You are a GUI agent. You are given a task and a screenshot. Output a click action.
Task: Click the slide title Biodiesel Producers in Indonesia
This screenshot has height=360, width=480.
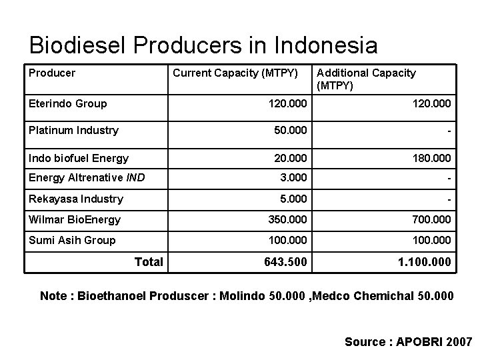click(x=203, y=45)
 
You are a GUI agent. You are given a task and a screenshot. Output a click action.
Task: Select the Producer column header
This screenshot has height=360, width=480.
click(x=52, y=73)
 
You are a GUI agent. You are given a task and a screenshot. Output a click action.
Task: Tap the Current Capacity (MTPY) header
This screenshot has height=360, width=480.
click(x=235, y=73)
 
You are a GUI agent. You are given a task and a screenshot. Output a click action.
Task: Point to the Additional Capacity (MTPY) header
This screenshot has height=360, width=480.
click(x=366, y=79)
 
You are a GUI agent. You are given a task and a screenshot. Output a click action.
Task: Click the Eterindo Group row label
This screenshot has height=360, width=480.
click(x=67, y=104)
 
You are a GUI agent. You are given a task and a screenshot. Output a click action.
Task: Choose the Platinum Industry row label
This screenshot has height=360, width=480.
click(x=73, y=130)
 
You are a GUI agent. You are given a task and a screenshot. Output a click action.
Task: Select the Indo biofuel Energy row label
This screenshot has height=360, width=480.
click(x=79, y=158)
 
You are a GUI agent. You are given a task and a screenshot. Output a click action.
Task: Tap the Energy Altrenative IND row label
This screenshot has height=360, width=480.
click(x=87, y=177)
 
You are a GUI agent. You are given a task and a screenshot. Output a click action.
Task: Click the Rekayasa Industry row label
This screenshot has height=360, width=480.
click(x=75, y=199)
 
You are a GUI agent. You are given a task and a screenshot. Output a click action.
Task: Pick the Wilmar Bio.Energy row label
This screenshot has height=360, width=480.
click(x=75, y=219)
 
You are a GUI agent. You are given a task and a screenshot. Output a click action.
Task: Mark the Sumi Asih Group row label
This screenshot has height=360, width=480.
click(x=72, y=240)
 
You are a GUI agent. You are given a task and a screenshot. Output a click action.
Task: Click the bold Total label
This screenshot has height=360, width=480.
click(x=149, y=261)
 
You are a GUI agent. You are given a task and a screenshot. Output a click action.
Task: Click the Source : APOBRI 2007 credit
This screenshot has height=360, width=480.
click(x=408, y=341)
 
